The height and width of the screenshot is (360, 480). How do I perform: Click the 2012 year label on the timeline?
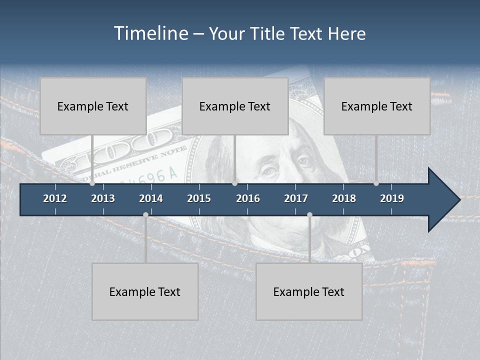(x=55, y=198)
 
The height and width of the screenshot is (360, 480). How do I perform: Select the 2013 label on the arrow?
(x=103, y=198)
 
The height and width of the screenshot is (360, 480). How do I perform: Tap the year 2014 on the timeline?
(x=151, y=198)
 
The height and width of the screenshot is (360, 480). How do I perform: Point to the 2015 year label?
(x=199, y=198)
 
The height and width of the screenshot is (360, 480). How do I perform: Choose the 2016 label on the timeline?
(x=248, y=198)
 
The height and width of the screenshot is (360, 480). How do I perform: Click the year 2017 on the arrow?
(x=296, y=198)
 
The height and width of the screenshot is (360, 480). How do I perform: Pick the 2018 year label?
(x=344, y=198)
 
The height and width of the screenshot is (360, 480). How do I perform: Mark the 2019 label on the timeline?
(x=392, y=198)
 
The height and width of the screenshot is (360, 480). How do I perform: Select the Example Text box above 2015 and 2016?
(x=235, y=106)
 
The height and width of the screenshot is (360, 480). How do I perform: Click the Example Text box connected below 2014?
(x=145, y=291)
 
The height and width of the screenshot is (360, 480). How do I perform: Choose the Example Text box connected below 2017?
(x=309, y=291)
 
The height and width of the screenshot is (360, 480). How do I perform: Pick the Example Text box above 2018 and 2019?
(x=377, y=106)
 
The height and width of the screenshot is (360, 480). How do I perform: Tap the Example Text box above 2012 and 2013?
(x=93, y=106)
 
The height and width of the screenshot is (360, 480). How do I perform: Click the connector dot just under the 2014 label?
(x=145, y=214)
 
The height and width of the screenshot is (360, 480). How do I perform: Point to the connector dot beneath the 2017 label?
(x=309, y=214)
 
